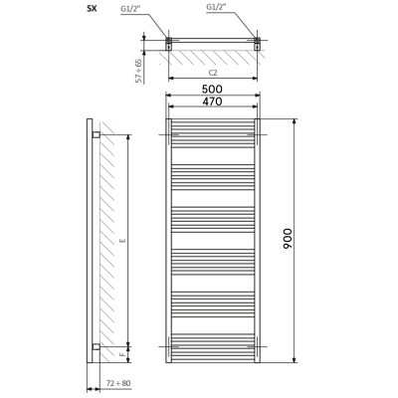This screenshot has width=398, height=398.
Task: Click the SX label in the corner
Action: [92, 9]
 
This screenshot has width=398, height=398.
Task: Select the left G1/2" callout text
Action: [131, 8]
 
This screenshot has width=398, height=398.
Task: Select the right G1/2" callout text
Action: [216, 7]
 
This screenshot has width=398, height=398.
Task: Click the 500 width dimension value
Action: [213, 89]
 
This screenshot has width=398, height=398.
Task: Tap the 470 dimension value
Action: [213, 101]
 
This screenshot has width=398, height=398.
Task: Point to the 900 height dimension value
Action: [288, 239]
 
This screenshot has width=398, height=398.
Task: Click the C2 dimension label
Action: [213, 73]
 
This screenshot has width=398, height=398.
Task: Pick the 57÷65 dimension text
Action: [139, 71]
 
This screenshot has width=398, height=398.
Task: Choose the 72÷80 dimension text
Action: [118, 383]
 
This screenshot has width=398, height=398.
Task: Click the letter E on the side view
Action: [123, 241]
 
